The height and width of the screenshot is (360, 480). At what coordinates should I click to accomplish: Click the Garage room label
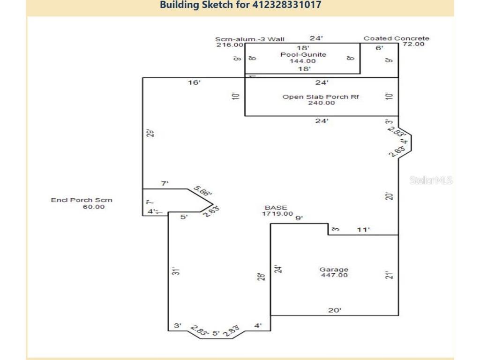[334, 270]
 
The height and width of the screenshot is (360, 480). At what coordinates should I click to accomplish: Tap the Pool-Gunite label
[303, 54]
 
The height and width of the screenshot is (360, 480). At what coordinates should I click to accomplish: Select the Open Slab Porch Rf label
[321, 97]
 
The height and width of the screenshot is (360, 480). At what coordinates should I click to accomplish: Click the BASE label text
[276, 207]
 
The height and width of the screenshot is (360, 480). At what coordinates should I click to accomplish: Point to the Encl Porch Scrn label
[82, 200]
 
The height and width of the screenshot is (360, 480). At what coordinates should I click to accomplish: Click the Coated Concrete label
[396, 38]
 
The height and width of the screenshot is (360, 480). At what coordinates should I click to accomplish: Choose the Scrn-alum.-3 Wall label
[249, 39]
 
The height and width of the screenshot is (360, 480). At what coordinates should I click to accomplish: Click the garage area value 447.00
[334, 276]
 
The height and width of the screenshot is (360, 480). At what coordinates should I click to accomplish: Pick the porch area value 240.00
[321, 103]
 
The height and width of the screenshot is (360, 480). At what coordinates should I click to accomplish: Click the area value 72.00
[413, 44]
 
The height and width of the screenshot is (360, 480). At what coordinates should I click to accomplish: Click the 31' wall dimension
[175, 271]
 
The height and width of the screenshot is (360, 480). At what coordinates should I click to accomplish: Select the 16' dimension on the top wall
[194, 83]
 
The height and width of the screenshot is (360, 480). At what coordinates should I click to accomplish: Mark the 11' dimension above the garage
[363, 230]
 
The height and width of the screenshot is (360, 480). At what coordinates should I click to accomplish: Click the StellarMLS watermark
[430, 180]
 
